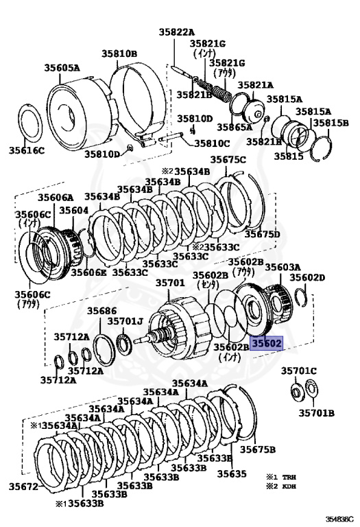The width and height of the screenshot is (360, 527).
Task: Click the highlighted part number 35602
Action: [x=266, y=343]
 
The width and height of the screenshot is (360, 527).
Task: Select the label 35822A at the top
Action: [x=177, y=32]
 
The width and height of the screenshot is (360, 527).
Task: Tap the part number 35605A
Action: [x=62, y=68]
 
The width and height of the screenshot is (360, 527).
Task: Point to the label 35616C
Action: [x=27, y=150]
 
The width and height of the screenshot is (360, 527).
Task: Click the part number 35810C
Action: [x=213, y=143]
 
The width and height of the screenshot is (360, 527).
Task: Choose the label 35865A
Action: [x=235, y=127]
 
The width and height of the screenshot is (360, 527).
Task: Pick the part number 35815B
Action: [x=331, y=123]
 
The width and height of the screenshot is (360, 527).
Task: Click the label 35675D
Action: [x=262, y=234]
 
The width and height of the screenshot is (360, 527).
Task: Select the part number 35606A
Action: [x=56, y=197]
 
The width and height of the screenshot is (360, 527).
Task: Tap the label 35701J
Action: [x=125, y=321]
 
